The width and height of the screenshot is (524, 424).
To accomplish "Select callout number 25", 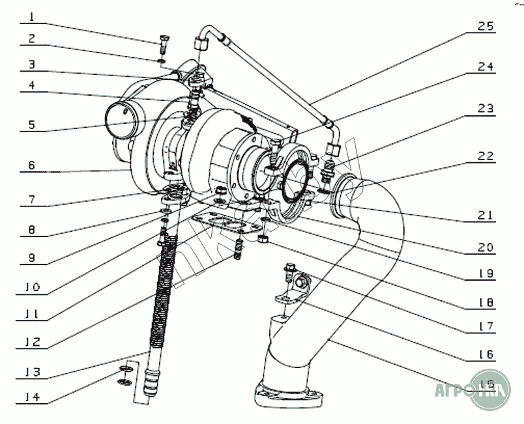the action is click(x=486, y=27).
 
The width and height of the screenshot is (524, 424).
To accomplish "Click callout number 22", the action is click(x=486, y=156).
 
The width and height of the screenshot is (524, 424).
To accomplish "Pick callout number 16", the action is click(x=486, y=355).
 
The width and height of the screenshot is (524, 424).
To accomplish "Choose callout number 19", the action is click(x=486, y=274).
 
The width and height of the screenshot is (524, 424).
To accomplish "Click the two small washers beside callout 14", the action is click(x=124, y=376).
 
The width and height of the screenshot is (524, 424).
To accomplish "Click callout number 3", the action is click(x=32, y=66).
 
